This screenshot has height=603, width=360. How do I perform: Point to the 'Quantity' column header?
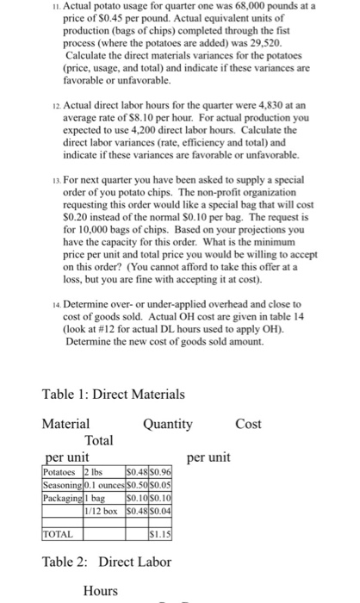[x=168, y=424]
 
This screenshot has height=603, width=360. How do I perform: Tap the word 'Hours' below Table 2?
[x=102, y=590]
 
